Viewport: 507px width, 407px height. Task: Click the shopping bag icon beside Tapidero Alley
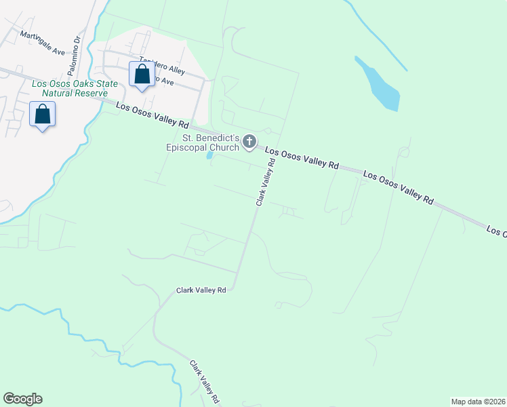(x=142, y=75)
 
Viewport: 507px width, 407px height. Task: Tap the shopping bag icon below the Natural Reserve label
(x=43, y=115)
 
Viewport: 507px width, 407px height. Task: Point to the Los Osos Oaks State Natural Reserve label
(x=75, y=88)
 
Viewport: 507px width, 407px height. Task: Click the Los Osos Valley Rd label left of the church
(x=152, y=115)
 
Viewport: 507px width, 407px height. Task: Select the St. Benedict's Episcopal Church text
(x=203, y=142)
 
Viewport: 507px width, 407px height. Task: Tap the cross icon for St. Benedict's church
(x=249, y=142)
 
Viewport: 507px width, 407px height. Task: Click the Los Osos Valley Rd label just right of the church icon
(x=301, y=159)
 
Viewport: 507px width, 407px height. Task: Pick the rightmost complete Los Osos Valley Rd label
(x=398, y=187)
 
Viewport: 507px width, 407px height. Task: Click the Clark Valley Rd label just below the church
(x=265, y=182)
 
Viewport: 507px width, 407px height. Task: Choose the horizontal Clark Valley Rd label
(x=201, y=290)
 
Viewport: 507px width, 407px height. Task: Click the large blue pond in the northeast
(x=379, y=85)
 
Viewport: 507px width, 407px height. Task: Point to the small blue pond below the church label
(x=210, y=155)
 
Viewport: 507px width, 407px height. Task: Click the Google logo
(x=22, y=399)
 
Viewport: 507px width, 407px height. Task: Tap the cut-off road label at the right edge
(x=496, y=232)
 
